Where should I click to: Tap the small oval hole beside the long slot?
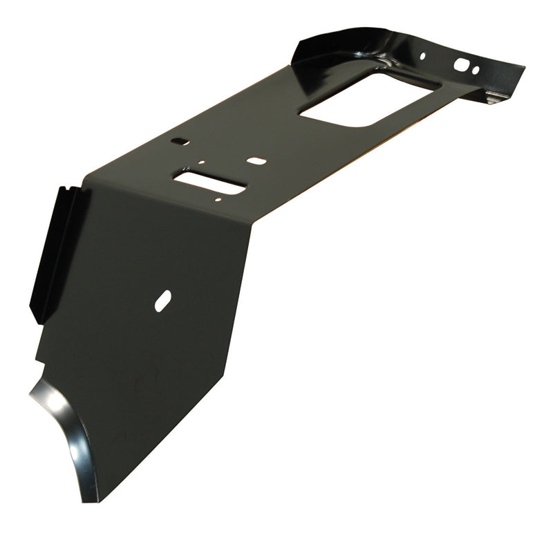click(256, 160)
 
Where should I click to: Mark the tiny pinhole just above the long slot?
click(200, 164)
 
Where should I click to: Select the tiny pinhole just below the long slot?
click(218, 200)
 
